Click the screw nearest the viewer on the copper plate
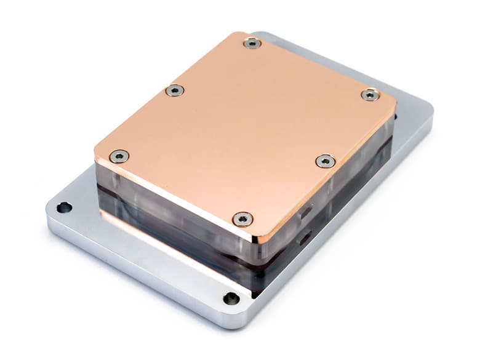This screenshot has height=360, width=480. click(243, 218)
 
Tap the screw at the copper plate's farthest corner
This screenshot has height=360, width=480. click(251, 42)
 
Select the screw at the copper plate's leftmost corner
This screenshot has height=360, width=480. click(119, 156)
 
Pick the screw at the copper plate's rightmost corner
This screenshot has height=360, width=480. click(369, 95)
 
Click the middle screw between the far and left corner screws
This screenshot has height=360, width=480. click(175, 90)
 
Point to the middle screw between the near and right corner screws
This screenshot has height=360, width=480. click(326, 161)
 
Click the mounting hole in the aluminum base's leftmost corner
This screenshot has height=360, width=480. click(64, 207)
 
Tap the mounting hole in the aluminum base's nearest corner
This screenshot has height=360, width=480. click(231, 298)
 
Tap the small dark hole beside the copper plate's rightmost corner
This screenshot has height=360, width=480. click(394, 116)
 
